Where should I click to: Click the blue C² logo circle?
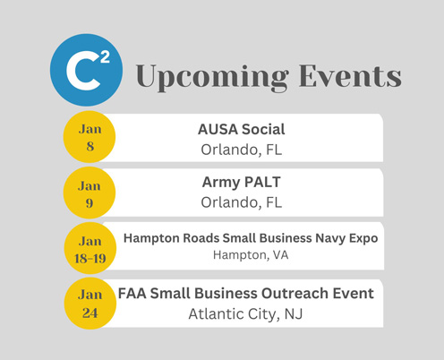pos(86,70)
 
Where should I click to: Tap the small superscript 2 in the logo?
pos(105,56)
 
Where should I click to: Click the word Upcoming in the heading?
pos(212,77)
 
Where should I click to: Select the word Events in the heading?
pos(350,76)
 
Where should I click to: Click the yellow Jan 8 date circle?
pos(90,137)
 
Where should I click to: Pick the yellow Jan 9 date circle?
pos(90,193)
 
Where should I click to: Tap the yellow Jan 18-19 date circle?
pos(90,248)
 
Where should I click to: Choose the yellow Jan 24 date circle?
pos(90,304)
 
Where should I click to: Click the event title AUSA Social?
pos(242,129)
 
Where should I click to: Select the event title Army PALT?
pos(242,183)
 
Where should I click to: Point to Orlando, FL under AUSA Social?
pos(242,150)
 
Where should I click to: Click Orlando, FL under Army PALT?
pos(242,202)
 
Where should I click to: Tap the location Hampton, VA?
pos(251,255)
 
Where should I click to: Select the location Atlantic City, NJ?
pos(245,314)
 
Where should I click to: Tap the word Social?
pos(263,129)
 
